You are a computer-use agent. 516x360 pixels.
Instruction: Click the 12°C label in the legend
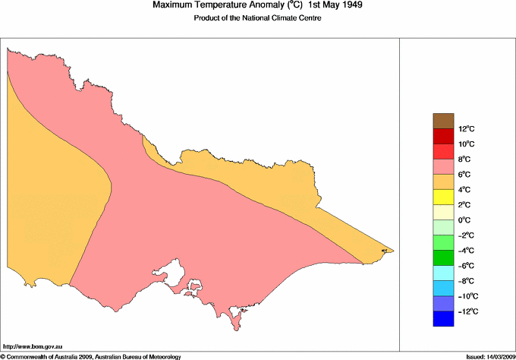445,128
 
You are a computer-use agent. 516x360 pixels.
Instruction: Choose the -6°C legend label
445,266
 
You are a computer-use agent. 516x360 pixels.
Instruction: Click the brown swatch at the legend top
444,120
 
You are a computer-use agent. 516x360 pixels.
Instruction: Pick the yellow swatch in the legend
444,197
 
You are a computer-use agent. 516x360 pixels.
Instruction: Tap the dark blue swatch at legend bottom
444,319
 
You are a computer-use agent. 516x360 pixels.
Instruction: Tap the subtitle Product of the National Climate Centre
259,18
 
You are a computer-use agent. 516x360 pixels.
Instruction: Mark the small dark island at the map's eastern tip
385,250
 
